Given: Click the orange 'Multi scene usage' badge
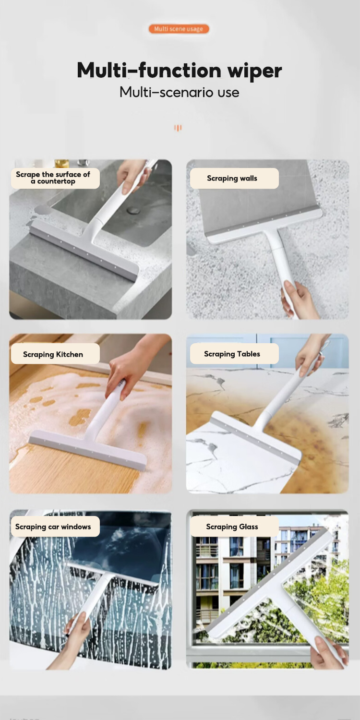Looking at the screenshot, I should [x=179, y=29].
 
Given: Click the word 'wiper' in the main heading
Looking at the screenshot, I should [x=254, y=71].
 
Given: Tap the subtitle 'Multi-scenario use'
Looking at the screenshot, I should [x=179, y=92].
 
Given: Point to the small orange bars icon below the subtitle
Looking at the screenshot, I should [x=178, y=128].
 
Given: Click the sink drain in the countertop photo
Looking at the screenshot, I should [x=134, y=210].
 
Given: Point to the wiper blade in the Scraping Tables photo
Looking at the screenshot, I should [x=254, y=437].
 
